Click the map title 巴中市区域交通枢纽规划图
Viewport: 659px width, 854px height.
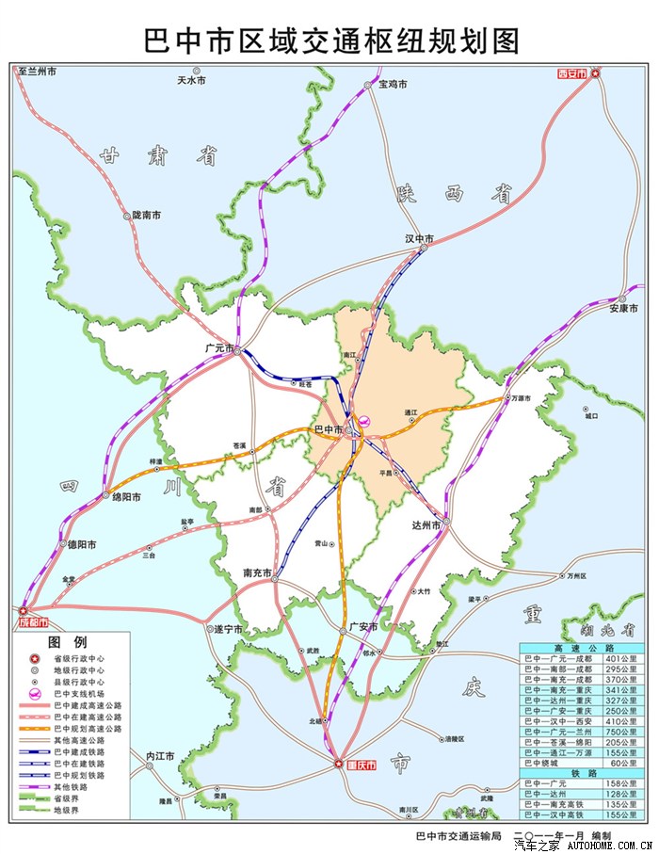(330, 40)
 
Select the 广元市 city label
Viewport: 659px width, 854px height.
(219, 348)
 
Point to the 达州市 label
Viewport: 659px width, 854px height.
(426, 526)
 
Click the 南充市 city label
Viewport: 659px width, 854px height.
(257, 572)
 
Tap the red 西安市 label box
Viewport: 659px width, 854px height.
(571, 73)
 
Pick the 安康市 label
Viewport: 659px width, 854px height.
(624, 308)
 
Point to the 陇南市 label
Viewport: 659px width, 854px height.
(146, 216)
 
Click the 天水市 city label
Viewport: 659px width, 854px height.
(191, 81)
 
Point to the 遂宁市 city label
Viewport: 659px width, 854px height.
(227, 628)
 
